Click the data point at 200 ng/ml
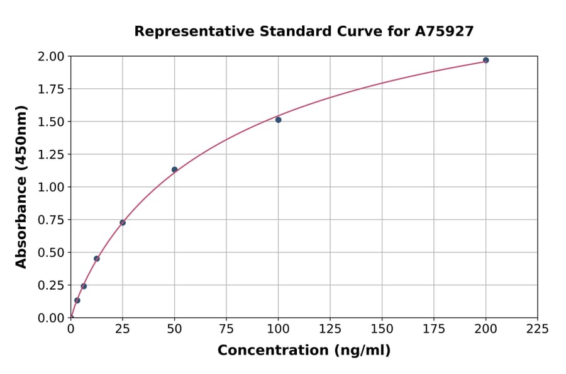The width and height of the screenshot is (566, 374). click(486, 60)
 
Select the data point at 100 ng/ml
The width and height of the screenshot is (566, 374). click(278, 120)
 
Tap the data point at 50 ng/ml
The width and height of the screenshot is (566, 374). click(174, 169)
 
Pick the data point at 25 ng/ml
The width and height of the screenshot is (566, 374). click(123, 222)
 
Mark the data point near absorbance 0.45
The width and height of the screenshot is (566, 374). click(97, 259)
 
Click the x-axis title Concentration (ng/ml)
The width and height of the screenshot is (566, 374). click(304, 351)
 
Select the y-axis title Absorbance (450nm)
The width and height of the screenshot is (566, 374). click(21, 186)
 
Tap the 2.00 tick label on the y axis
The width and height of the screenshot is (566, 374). click(51, 57)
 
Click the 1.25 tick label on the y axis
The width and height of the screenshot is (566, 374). click(51, 154)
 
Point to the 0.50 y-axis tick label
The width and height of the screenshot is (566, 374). click(51, 252)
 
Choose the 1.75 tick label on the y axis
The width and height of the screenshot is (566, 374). click(51, 89)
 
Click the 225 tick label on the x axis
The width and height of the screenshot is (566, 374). click(537, 329)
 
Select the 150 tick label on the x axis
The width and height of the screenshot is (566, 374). click(382, 329)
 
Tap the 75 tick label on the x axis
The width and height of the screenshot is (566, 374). click(226, 329)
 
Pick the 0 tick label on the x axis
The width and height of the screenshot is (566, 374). click(71, 329)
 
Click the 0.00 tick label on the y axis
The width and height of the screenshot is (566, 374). click(51, 318)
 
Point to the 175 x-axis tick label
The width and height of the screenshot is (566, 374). click(433, 329)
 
